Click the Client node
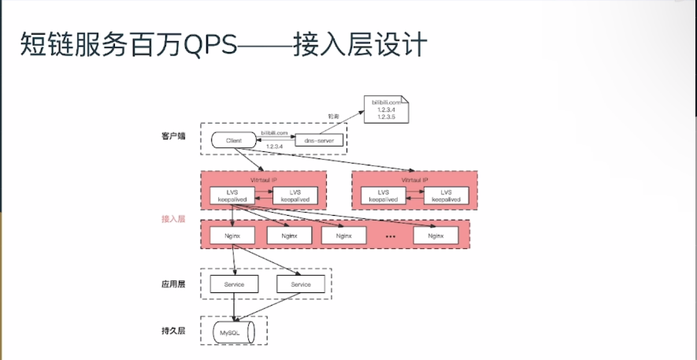(233, 140)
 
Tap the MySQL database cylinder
(234, 332)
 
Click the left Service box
(234, 284)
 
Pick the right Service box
(301, 284)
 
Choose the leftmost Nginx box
(232, 236)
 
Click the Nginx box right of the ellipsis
(436, 236)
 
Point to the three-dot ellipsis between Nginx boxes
(391, 236)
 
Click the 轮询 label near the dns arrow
(334, 117)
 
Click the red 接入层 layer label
(172, 218)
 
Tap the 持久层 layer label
(172, 331)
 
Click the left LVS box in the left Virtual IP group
(232, 196)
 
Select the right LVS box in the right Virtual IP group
(446, 196)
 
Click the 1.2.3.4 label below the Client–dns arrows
(273, 147)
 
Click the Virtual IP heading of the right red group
(414, 180)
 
